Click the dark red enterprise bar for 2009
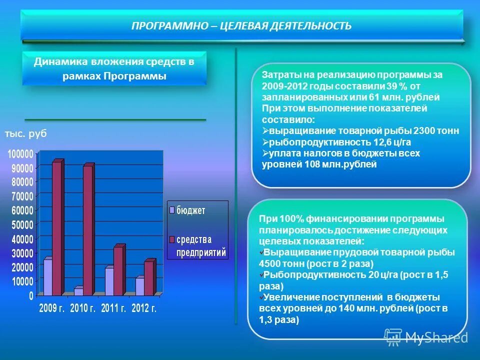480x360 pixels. click(x=56, y=228)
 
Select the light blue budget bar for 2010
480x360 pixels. click(x=78, y=291)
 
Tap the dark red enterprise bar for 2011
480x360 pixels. click(x=118, y=271)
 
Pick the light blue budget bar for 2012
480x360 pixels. click(x=140, y=286)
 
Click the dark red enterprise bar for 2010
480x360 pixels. click(x=87, y=230)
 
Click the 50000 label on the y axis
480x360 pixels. click(x=20, y=224)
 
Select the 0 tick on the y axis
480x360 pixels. click(x=31, y=296)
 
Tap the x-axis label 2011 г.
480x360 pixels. click(x=113, y=309)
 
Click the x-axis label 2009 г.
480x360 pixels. click(x=51, y=309)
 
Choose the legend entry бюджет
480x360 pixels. click(x=190, y=210)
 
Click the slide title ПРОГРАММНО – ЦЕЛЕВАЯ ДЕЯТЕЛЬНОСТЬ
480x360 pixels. click(x=241, y=25)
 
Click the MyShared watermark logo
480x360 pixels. click(x=426, y=337)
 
